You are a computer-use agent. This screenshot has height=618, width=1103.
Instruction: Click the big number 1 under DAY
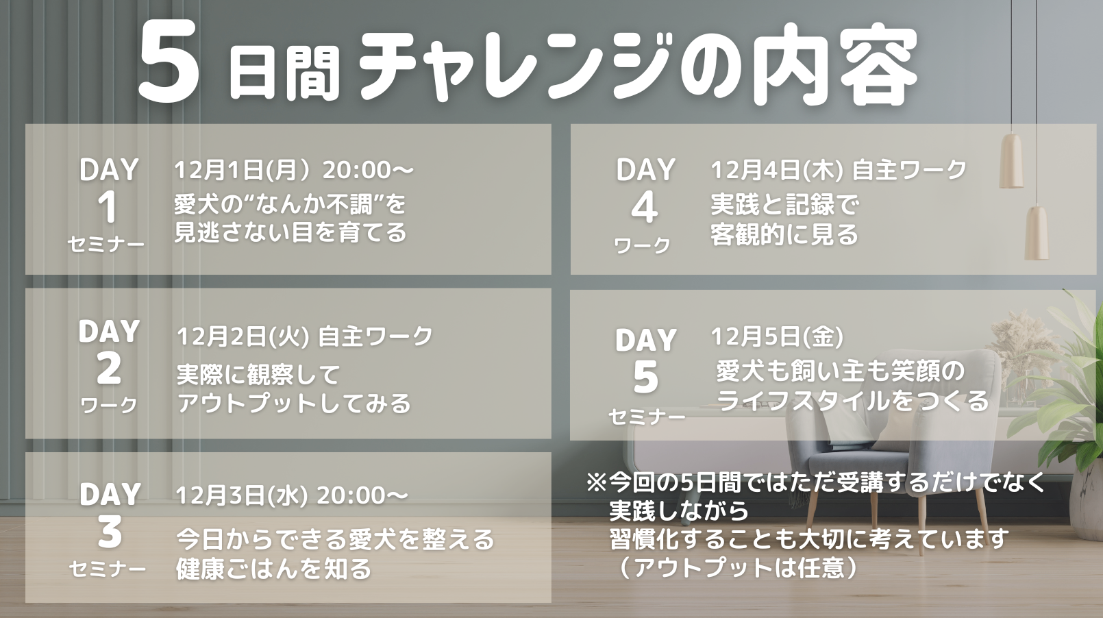click(108, 208)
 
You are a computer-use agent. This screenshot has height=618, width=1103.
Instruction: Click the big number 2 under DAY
click(108, 369)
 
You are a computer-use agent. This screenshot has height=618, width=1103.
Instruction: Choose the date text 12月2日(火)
click(243, 337)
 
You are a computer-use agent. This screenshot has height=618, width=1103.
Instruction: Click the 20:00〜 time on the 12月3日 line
click(362, 495)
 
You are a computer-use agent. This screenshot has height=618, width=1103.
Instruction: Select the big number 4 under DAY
click(645, 208)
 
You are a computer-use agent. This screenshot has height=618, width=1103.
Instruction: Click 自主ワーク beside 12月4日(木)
click(909, 171)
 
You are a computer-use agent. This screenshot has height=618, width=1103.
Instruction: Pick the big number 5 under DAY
click(645, 378)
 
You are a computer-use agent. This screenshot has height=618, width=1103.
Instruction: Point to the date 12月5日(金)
click(777, 337)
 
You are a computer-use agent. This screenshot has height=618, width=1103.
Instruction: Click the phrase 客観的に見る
click(784, 234)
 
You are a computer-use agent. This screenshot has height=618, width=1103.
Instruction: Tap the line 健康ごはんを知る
click(273, 568)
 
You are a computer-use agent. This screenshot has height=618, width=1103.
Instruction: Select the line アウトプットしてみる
click(294, 403)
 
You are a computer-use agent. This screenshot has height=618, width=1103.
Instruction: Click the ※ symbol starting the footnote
click(596, 483)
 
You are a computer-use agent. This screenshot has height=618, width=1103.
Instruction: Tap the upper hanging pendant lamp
click(1011, 160)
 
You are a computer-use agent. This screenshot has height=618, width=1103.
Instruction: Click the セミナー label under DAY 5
click(646, 417)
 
